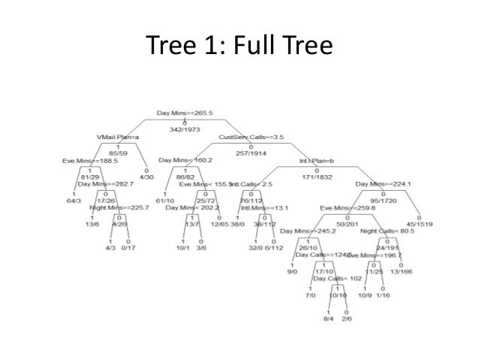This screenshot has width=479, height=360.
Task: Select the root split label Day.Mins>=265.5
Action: (185, 113)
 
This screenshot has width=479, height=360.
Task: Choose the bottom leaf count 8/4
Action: (328, 319)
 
